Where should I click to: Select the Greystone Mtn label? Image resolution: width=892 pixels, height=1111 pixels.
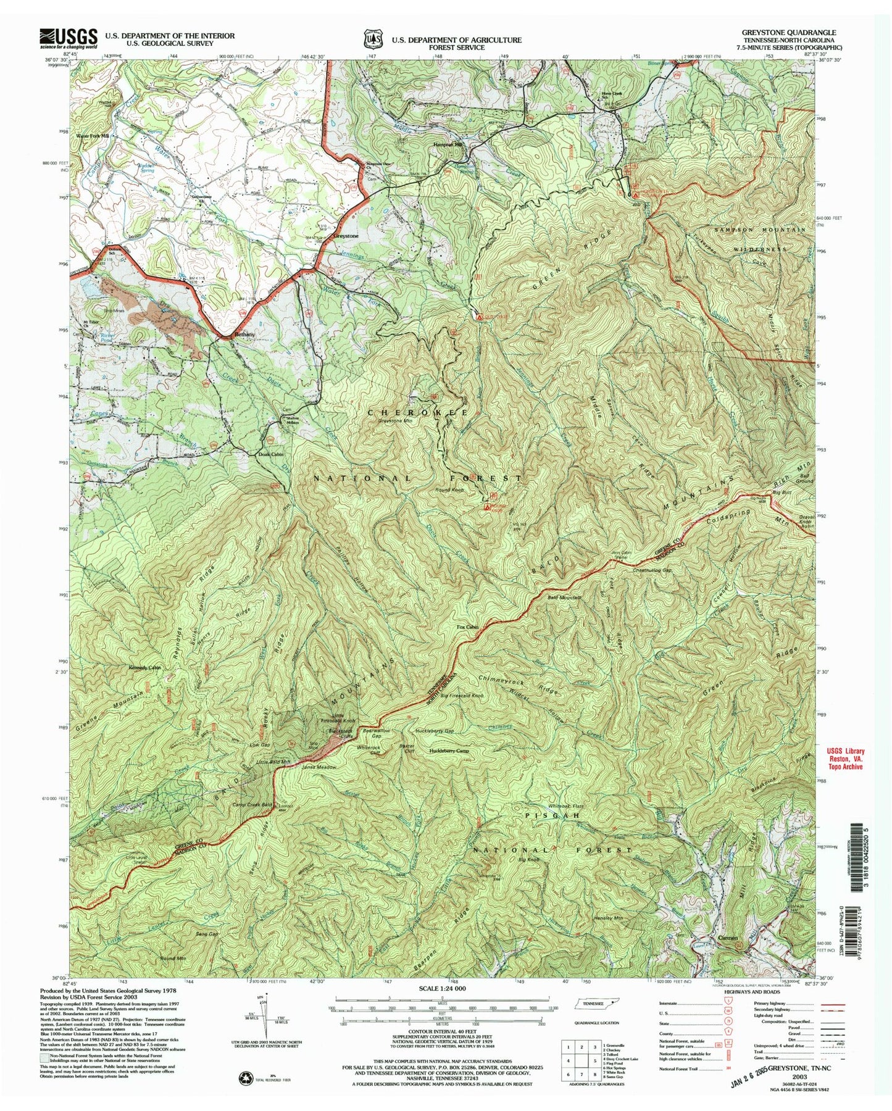point(395,421)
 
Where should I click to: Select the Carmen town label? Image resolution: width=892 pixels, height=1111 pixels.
point(728,955)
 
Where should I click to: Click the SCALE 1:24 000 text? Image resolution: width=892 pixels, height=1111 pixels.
point(441,1005)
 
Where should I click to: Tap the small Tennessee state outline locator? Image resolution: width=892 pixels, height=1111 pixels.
point(596,1020)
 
